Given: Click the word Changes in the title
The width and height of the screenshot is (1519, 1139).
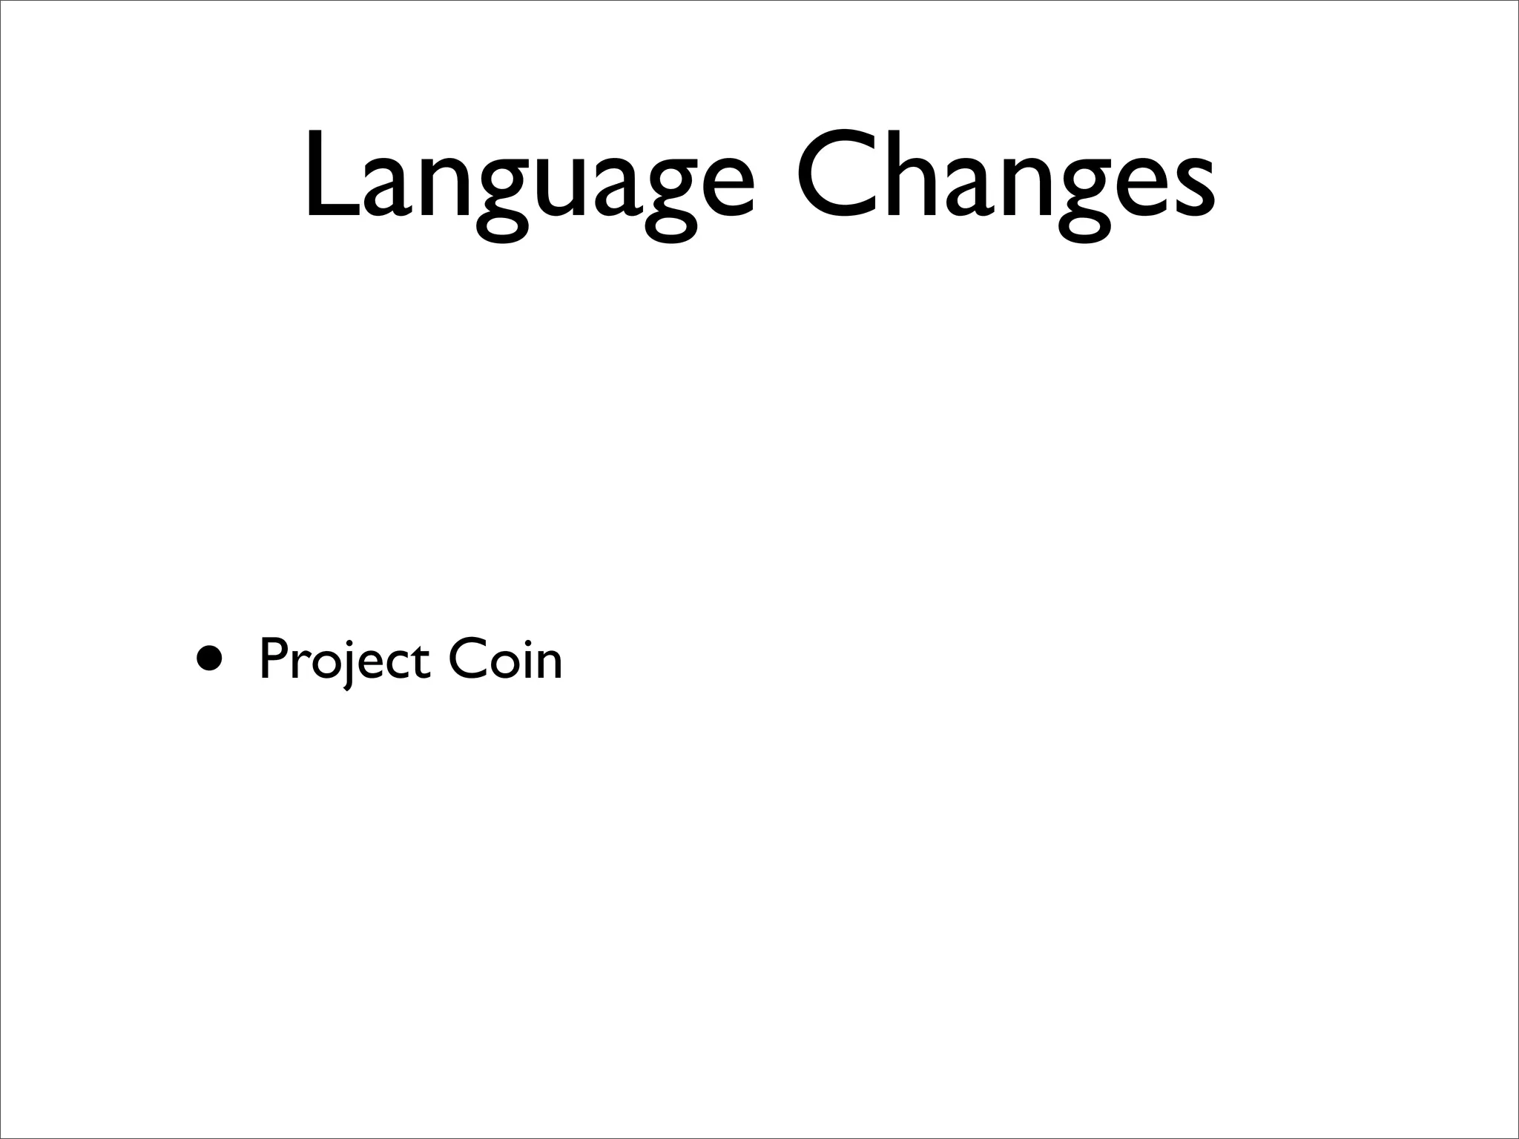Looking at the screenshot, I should (1006, 178).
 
